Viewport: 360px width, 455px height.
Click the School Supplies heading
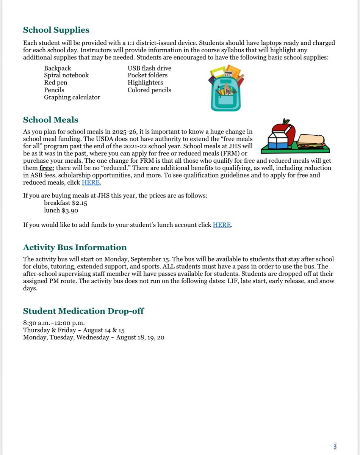pos(56,30)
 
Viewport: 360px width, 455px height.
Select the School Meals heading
pos(50,120)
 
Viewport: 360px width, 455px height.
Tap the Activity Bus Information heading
pos(75,248)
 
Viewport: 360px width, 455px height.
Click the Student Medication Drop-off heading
pos(83,311)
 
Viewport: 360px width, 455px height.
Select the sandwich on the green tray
pos(311,141)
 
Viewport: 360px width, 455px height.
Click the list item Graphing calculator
pos(72,97)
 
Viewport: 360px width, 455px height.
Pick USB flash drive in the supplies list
pos(149,68)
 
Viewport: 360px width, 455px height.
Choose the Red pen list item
pos(55,83)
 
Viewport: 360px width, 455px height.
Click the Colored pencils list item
pos(149,90)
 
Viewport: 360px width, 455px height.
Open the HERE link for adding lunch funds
pos(222,225)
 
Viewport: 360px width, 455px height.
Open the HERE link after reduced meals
pos(91,182)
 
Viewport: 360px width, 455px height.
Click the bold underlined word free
pos(46,168)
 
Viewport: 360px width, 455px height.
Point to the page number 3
pos(335,447)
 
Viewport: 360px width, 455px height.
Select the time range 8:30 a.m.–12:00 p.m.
pos(51,323)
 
